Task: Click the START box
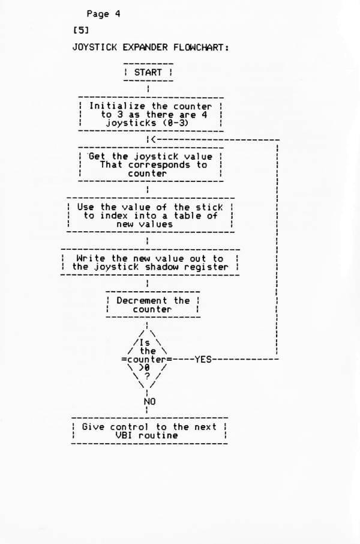pos(148,73)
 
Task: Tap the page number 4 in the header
pos(118,14)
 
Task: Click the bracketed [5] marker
pos(81,31)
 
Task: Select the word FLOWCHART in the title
pos(201,47)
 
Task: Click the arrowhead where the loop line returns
pos(153,139)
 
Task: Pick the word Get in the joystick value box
pos(97,157)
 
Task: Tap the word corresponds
pos(159,165)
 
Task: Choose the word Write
pos(91,258)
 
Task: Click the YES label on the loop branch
pos(203,360)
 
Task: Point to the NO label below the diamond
pos(150,402)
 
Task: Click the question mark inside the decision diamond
pos(147,376)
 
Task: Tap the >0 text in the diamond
pos(145,368)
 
